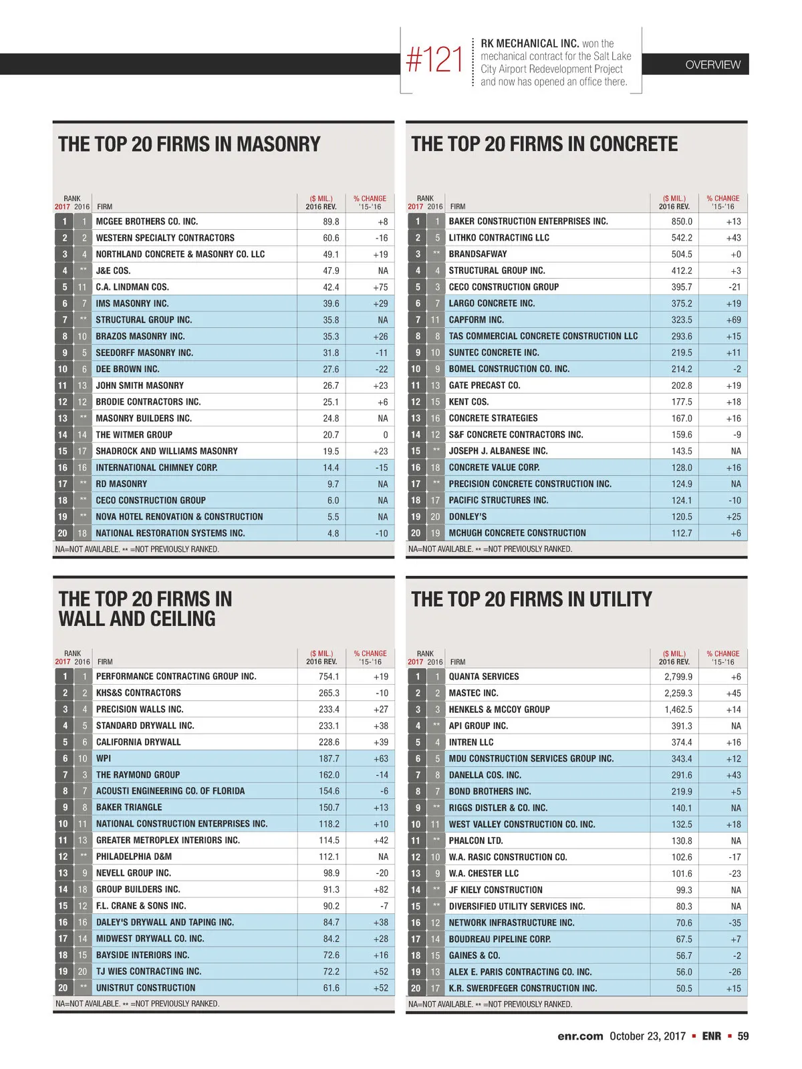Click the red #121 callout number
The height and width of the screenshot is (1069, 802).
click(434, 60)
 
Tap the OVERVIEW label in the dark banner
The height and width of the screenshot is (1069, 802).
click(712, 65)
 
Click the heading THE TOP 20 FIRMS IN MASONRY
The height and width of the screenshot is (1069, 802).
click(189, 144)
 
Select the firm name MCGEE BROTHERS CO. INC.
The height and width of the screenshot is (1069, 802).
click(146, 221)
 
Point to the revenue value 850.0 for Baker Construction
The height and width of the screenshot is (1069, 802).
click(682, 221)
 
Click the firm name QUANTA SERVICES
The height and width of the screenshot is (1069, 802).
click(484, 676)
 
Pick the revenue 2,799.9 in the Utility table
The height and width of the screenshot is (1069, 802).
click(678, 676)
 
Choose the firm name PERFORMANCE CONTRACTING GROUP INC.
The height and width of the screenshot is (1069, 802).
click(176, 676)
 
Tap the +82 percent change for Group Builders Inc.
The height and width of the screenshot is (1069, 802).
click(380, 889)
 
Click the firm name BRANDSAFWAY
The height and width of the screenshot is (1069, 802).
click(478, 254)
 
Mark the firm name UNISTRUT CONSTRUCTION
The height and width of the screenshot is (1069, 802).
click(146, 987)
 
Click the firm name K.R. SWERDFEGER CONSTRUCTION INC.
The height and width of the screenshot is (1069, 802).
click(523, 988)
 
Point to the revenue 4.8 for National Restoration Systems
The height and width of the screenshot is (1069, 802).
click(333, 533)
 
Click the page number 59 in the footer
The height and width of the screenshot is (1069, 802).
click(743, 1036)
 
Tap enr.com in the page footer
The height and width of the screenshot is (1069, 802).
click(580, 1036)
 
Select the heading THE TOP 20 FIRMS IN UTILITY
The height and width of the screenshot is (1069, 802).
click(531, 599)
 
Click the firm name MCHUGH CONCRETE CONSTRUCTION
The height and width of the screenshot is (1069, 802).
click(517, 533)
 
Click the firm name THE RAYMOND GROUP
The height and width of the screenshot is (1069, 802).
click(138, 775)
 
